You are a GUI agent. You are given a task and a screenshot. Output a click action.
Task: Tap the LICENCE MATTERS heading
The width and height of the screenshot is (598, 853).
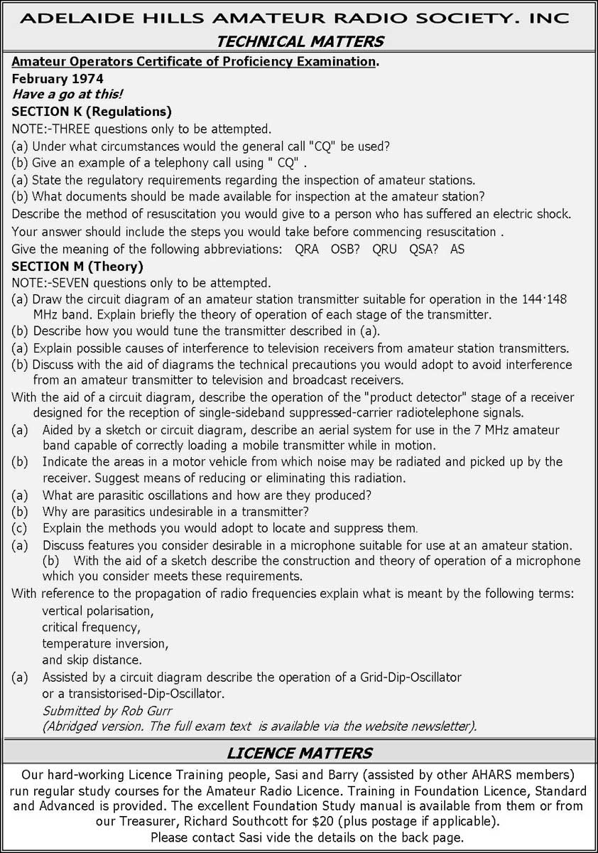tap(299, 752)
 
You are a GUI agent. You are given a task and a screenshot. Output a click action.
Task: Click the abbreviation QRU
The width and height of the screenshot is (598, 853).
tap(385, 250)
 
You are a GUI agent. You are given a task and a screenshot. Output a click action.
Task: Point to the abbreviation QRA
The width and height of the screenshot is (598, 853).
tap(306, 250)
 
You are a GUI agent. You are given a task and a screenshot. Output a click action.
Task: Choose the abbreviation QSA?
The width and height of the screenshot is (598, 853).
tap(424, 250)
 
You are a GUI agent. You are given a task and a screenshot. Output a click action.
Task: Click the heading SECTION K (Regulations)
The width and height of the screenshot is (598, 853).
tap(92, 112)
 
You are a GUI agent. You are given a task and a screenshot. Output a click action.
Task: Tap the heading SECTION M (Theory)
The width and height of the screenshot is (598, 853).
tap(77, 267)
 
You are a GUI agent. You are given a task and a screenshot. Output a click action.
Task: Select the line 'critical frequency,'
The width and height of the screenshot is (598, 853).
tap(91, 627)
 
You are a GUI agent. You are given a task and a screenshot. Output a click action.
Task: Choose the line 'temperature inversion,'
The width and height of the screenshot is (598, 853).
tap(105, 644)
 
